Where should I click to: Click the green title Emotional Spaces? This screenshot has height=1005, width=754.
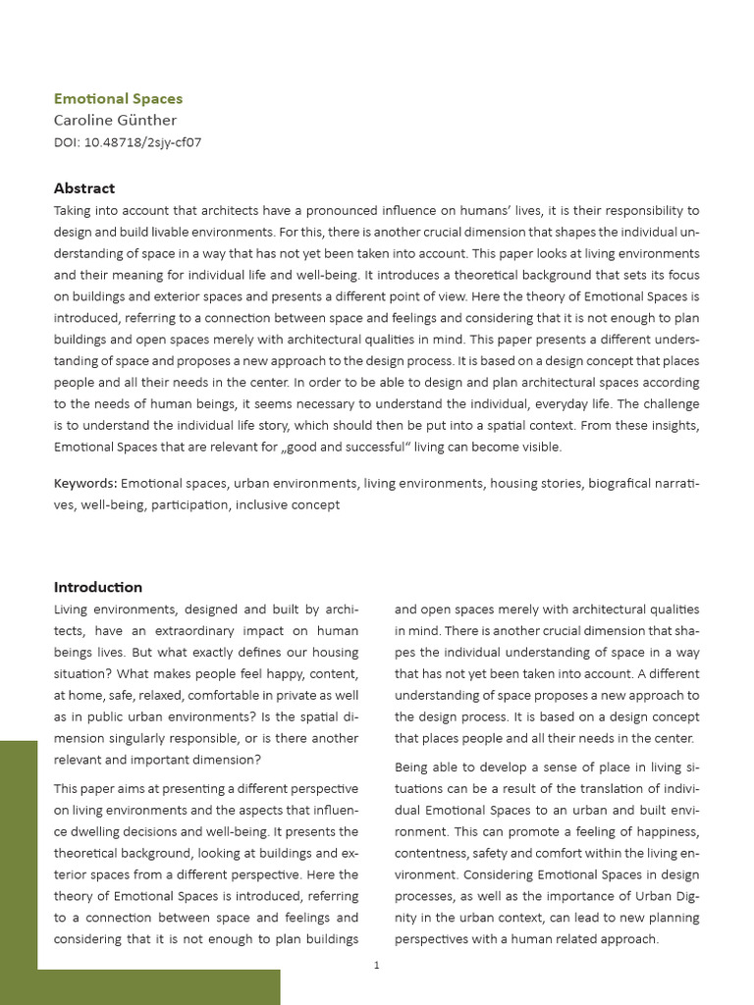point(118,98)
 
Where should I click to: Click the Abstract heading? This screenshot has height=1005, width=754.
point(83,188)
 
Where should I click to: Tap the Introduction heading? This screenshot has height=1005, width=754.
point(97,587)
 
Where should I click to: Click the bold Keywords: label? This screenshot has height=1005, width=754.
point(85,483)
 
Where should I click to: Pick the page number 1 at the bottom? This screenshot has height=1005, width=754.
point(376,966)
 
